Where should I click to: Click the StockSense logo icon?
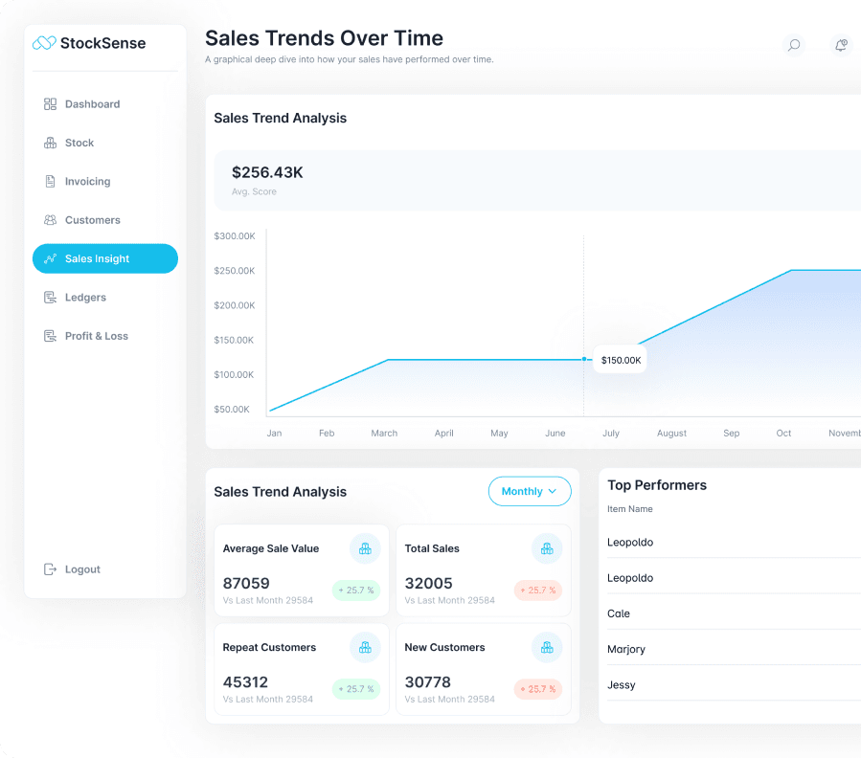[44, 42]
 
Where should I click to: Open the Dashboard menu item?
[92, 104]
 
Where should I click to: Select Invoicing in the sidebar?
[87, 182]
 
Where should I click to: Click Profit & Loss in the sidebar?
[96, 336]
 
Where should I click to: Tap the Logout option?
[82, 569]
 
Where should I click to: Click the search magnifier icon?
[793, 45]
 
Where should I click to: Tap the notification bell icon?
[841, 45]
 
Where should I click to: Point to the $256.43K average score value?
[267, 172]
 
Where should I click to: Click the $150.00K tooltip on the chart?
[621, 360]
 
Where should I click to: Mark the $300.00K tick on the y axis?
[234, 235]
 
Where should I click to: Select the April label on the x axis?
[443, 434]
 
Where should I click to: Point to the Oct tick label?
[783, 434]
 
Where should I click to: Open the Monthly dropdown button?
[530, 491]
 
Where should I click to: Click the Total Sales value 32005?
[428, 583]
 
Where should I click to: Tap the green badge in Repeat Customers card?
[356, 689]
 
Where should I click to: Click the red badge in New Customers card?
[538, 689]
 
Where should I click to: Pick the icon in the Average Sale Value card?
[365, 548]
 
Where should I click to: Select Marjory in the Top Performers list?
[626, 649]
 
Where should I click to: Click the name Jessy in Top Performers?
[622, 685]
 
